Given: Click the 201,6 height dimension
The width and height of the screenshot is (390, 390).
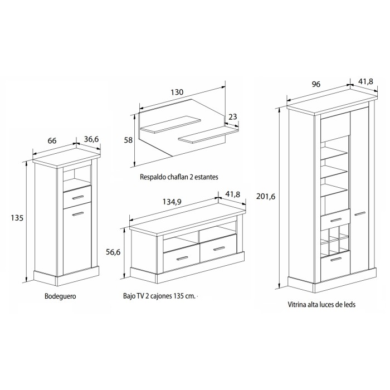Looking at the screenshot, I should pos(265,196).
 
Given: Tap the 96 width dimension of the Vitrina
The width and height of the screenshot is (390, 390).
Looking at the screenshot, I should pos(316,84).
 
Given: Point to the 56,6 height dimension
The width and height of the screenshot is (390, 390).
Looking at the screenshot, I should pos(114,251).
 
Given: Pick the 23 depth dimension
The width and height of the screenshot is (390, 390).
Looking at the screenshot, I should pos(233,117).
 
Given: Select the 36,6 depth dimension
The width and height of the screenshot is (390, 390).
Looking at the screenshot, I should pos(91,139).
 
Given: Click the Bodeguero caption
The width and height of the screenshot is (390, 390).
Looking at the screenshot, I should pos(60,296).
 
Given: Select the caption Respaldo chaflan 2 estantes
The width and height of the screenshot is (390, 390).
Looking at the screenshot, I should pos(179,177).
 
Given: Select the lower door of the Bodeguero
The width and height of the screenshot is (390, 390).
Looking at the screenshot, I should pos(76,240).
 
